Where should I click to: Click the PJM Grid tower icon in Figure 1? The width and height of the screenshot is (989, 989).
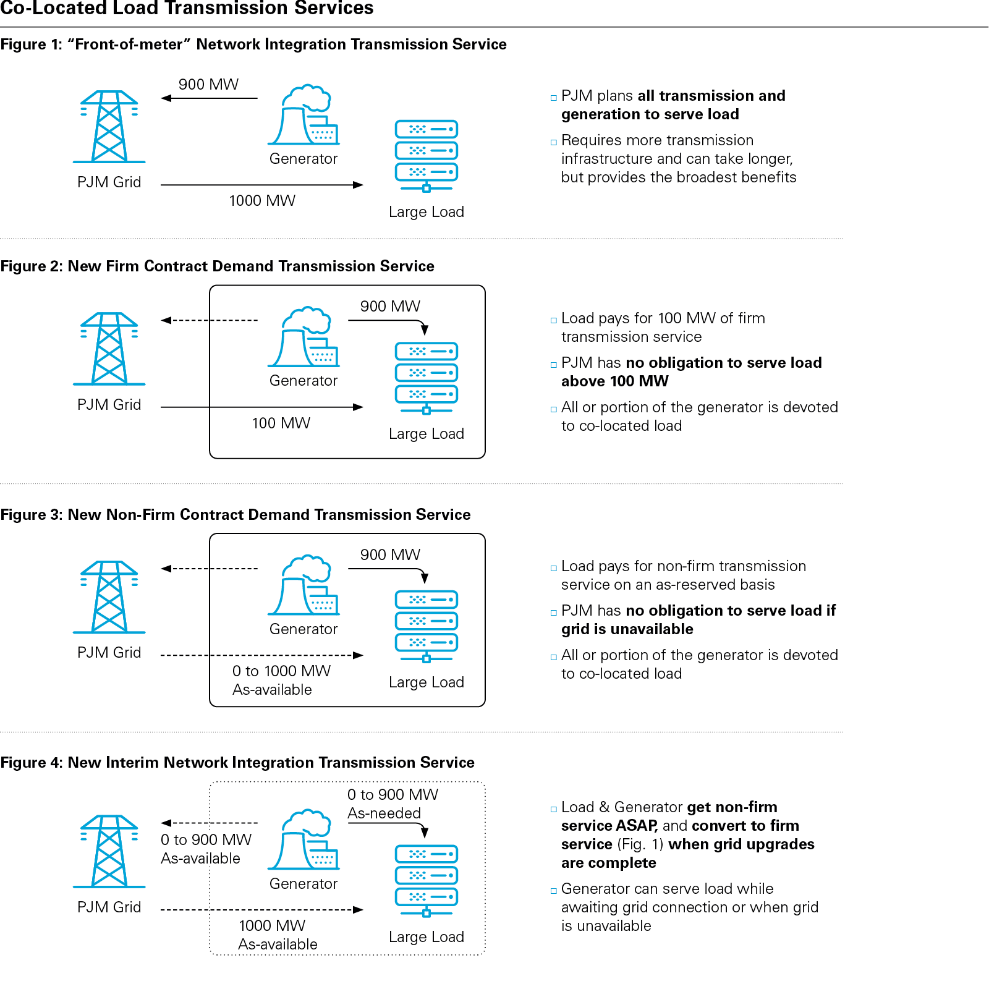[109, 127]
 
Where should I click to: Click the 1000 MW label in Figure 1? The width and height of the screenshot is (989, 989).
[262, 201]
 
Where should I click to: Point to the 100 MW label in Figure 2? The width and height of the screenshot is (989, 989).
[281, 423]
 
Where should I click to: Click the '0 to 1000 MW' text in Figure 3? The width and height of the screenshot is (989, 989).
[281, 671]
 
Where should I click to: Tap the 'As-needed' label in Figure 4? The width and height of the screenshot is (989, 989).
[384, 813]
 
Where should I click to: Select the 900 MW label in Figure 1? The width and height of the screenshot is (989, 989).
[208, 85]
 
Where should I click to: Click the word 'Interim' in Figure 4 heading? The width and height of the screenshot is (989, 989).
[132, 763]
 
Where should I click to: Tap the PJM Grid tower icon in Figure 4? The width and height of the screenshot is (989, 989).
[109, 851]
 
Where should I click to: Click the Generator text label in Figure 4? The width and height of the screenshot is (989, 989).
[303, 884]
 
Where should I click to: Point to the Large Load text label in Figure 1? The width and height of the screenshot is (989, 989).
[427, 212]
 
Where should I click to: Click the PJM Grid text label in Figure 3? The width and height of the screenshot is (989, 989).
[109, 653]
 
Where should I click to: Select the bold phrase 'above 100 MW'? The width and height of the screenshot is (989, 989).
[615, 381]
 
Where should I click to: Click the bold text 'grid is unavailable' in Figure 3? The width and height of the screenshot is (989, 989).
[627, 629]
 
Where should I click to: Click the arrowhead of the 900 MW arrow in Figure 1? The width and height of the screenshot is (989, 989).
[165, 98]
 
